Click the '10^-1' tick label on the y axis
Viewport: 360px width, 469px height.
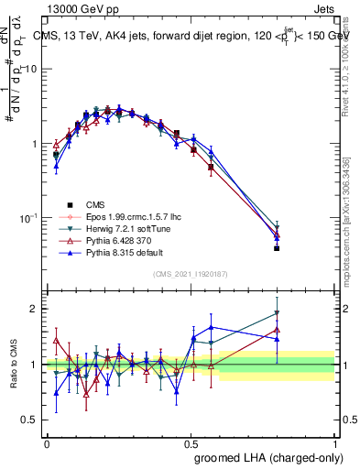coord(29,219)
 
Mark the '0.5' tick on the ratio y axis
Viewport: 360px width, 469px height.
coord(33,420)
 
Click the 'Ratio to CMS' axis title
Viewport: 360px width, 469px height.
coord(15,366)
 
